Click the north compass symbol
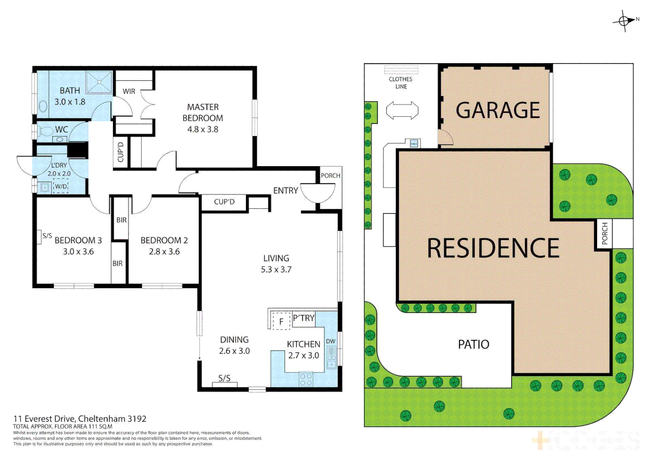point(625,20)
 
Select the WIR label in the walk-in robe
point(129,91)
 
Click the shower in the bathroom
point(99,82)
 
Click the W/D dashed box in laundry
point(61,186)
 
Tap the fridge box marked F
point(280,321)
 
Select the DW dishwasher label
point(331,341)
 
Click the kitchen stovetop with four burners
point(306,379)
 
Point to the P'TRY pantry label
point(304,318)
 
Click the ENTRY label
point(285,190)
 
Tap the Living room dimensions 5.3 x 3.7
point(276,269)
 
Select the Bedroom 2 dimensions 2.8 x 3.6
point(164,251)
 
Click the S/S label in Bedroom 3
point(47,236)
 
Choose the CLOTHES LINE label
point(401,83)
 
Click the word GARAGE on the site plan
point(498,110)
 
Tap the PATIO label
point(473,344)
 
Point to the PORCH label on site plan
point(604,233)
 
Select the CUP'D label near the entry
point(224,202)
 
